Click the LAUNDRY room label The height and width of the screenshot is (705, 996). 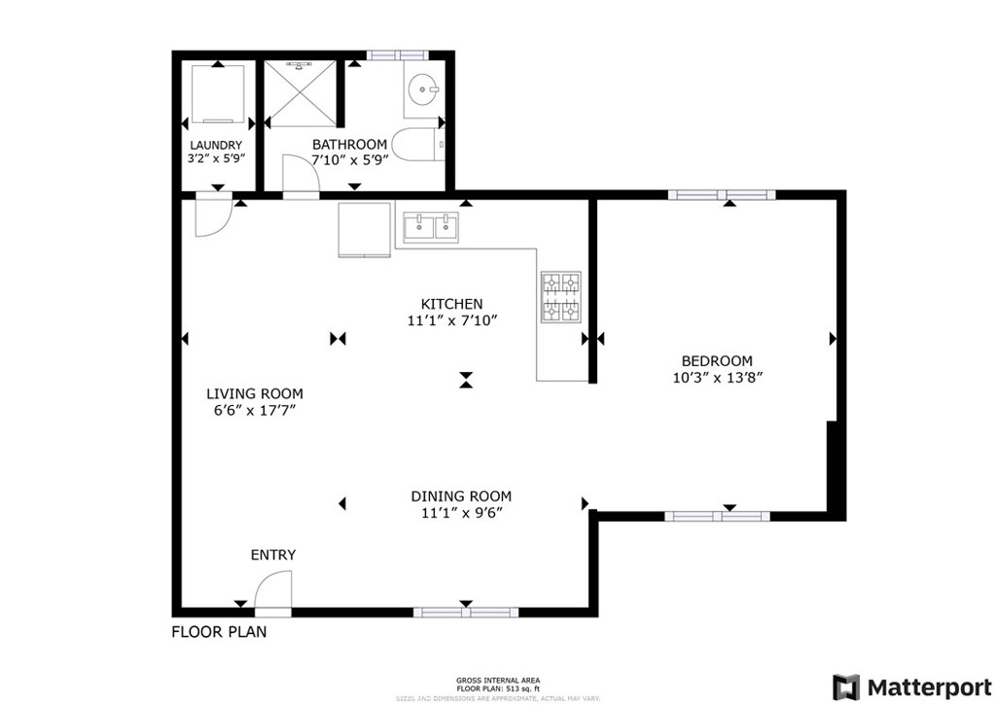[x=215, y=145]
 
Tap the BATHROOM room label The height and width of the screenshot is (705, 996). [x=349, y=144]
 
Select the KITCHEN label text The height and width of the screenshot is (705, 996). [x=451, y=304]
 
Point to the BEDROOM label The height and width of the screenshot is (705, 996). [x=716, y=360]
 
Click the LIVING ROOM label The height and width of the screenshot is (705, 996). [x=254, y=393]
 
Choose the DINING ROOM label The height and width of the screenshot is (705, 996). [x=461, y=496]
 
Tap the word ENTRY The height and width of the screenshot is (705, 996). [x=273, y=555]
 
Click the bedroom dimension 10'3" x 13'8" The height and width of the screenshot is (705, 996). [x=716, y=378]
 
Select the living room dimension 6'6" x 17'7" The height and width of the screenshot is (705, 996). [x=254, y=411]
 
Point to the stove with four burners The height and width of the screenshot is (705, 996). [x=560, y=297]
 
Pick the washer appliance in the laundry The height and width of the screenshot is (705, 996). [x=215, y=93]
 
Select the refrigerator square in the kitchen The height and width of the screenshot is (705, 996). [x=364, y=230]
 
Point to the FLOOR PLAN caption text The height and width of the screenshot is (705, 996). [x=219, y=631]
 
